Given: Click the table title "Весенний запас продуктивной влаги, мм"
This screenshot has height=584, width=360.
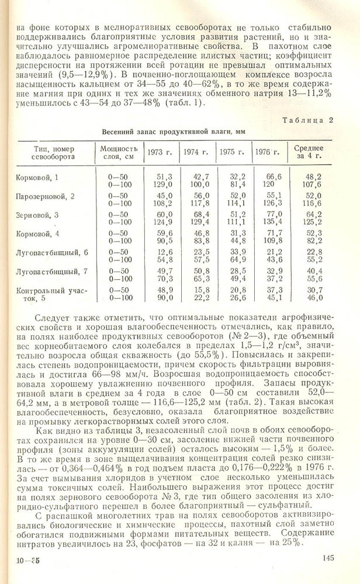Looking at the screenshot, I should point(174,133).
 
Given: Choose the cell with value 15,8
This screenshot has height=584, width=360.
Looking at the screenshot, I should point(200,290).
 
